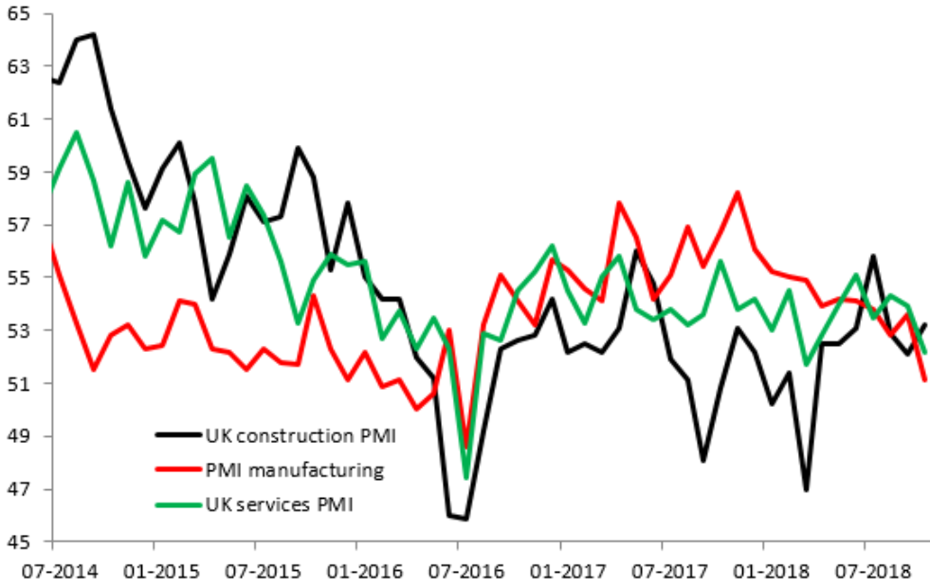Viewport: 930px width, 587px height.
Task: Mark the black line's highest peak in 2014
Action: click(x=93, y=34)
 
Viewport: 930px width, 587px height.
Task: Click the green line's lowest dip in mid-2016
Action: click(x=466, y=478)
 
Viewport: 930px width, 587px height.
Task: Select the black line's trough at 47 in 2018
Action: click(x=806, y=489)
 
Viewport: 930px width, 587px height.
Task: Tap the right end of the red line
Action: click(x=924, y=380)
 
